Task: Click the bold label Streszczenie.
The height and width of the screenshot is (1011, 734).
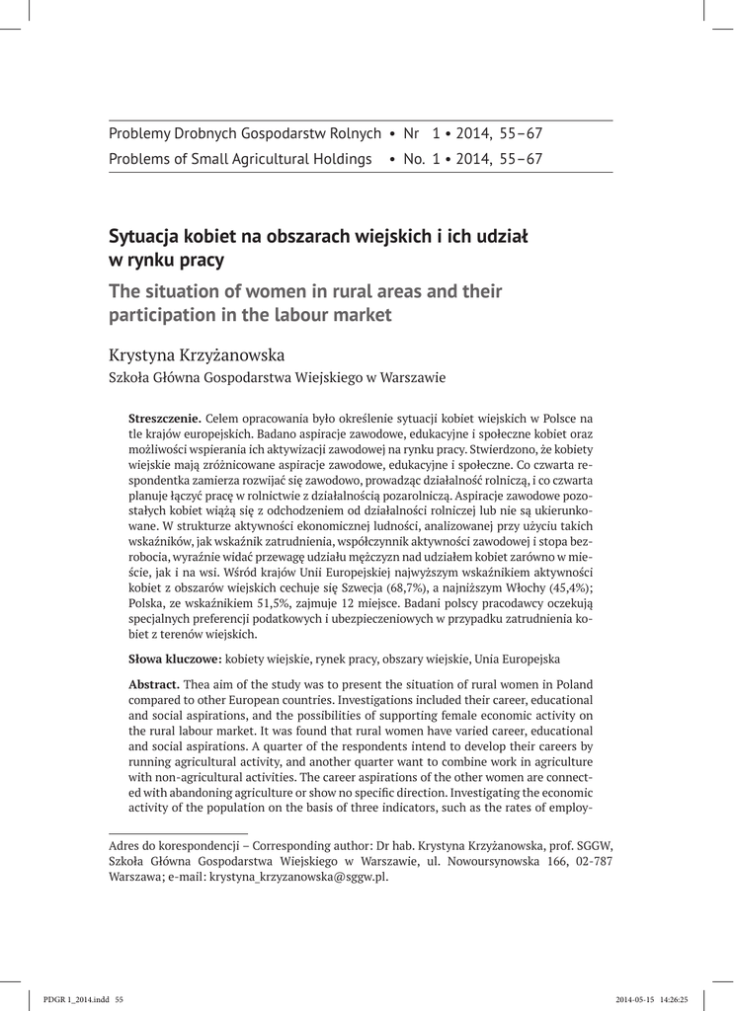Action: [165, 419]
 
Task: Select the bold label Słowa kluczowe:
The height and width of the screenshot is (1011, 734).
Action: [175, 657]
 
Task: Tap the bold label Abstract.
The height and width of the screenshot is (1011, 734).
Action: [155, 684]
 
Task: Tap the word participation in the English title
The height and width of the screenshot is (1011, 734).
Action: [163, 316]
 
